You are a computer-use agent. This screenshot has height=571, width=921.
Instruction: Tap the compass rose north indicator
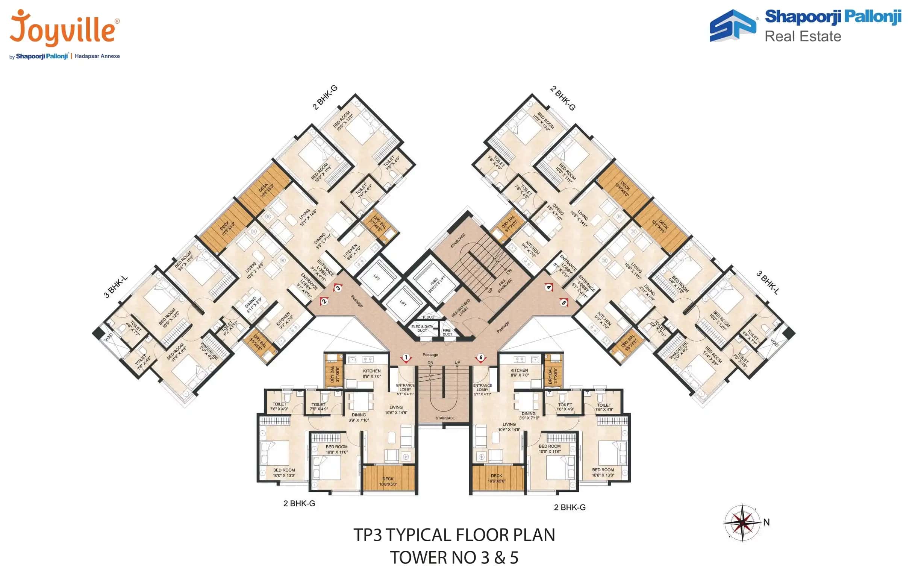(x=742, y=522)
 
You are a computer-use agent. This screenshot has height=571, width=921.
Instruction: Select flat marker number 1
(x=406, y=358)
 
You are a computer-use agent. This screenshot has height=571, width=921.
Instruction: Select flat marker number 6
(x=480, y=358)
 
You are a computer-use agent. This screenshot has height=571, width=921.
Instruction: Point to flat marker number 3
(x=338, y=288)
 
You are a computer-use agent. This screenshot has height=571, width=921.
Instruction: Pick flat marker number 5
(x=564, y=302)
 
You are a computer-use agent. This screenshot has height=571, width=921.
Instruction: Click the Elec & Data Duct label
(x=422, y=328)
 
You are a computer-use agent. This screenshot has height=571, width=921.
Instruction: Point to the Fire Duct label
(x=447, y=332)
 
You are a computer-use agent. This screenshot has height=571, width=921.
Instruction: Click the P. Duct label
(x=429, y=317)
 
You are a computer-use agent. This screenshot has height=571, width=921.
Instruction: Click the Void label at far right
(x=774, y=343)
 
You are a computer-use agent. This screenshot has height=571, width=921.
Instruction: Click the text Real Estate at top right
(x=803, y=36)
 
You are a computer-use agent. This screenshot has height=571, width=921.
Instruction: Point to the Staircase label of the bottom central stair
(x=445, y=418)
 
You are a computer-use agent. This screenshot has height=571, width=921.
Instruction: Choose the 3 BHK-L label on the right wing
(x=767, y=282)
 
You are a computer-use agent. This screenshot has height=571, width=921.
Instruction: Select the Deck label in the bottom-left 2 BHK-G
(x=388, y=481)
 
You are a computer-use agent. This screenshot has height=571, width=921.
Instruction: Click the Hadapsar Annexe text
(x=97, y=56)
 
